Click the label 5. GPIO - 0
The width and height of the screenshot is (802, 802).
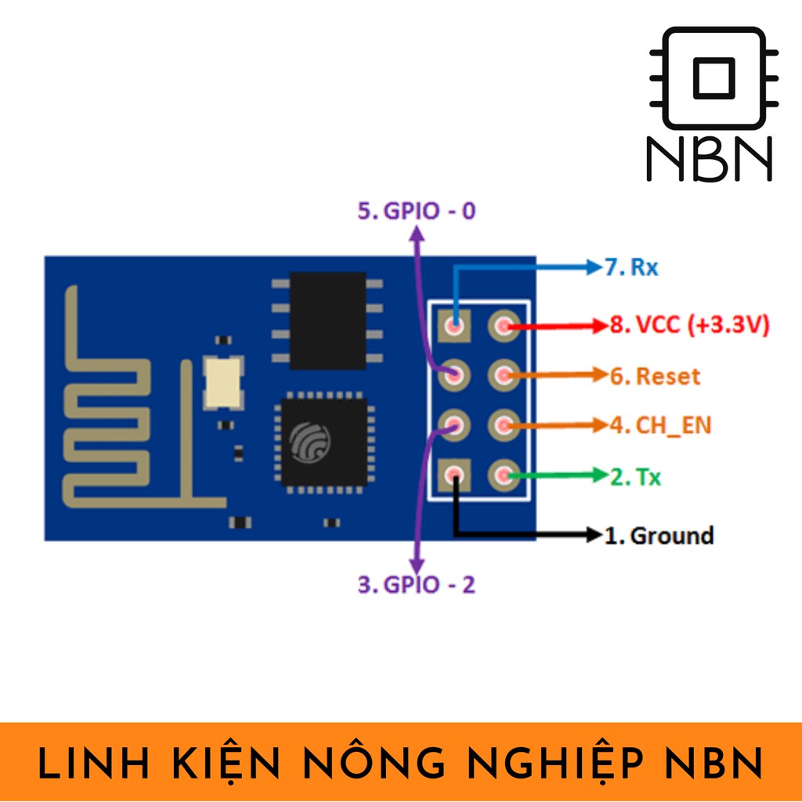tap(417, 211)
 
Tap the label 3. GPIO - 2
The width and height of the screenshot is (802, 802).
tap(417, 584)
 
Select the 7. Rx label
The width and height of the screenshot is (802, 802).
tap(631, 268)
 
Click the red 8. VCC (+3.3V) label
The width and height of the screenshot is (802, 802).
tap(690, 324)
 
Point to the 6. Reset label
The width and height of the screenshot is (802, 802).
tap(656, 376)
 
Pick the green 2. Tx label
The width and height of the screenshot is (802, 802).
tap(636, 476)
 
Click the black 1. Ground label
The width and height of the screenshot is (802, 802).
tap(659, 536)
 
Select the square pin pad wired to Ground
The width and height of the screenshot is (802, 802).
tap(454, 475)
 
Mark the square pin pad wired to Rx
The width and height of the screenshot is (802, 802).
tap(454, 325)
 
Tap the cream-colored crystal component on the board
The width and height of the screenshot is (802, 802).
tap(222, 382)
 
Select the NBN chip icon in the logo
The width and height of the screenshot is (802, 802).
tap(713, 78)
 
